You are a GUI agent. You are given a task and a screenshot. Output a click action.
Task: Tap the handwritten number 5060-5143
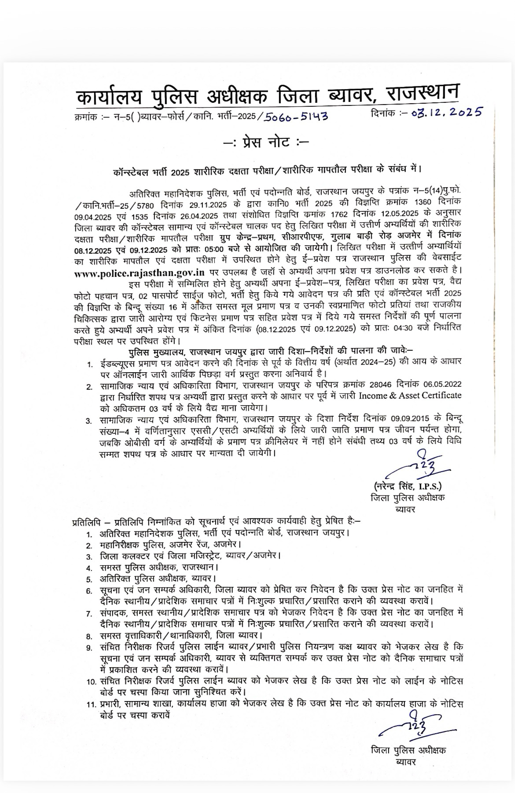[296, 116]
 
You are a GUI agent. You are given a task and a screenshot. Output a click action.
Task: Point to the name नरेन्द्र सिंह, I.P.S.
[408, 486]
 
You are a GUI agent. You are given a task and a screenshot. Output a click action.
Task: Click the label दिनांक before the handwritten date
[384, 113]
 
